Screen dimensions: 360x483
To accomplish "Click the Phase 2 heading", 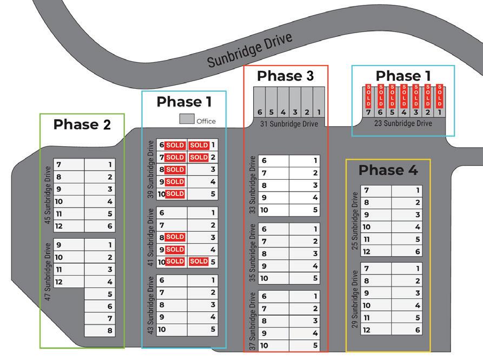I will point(82,125).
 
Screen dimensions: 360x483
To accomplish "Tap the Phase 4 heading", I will point(388,170).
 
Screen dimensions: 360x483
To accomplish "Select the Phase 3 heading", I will point(285,76).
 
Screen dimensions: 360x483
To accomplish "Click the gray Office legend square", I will point(187,119).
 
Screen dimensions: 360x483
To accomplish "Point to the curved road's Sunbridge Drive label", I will point(250,50).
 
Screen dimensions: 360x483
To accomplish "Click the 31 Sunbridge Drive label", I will point(289,124).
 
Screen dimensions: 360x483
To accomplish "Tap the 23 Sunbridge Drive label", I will point(403,123).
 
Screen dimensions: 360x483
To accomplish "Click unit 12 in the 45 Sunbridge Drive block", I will point(69,226).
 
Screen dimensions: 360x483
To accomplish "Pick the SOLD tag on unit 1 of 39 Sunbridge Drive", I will point(199,145).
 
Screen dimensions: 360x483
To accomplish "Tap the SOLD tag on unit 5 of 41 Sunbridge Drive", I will point(199,261).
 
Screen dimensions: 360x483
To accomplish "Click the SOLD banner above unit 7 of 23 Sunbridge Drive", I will point(368,96).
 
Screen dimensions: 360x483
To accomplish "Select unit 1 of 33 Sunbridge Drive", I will point(305,161).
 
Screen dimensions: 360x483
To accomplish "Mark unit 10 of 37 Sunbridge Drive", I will point(274,345).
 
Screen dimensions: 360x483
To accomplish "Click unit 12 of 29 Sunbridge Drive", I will point(376,330).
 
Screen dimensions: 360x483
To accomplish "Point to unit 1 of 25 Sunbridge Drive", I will point(406,191).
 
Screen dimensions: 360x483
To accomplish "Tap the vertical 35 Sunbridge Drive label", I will point(252,253).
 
